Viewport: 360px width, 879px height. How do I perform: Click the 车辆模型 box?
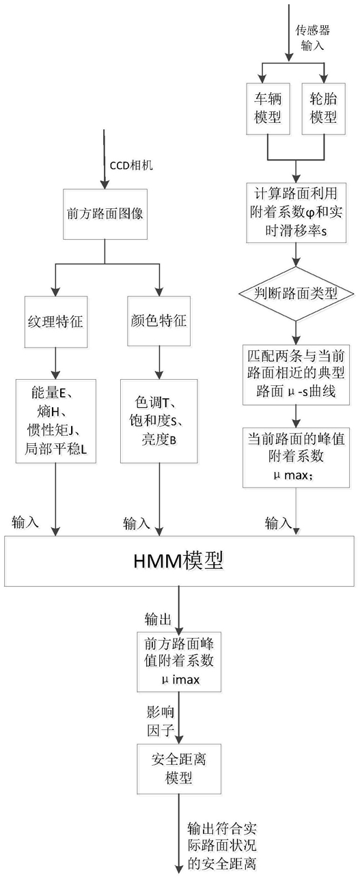tap(268, 109)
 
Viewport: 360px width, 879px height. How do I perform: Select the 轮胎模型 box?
tap(324, 109)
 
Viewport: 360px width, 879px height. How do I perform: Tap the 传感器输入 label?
tap(313, 38)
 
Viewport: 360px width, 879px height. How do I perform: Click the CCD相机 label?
tap(131, 165)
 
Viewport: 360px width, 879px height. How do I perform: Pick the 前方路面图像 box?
tap(105, 214)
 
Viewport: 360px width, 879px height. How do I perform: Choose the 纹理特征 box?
tap(56, 322)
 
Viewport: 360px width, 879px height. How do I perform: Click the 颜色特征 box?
tap(159, 320)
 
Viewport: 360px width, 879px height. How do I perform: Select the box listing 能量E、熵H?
tap(56, 421)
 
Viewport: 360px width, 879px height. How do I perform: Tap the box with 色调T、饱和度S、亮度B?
tap(159, 421)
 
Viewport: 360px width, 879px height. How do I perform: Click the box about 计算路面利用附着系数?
tap(296, 212)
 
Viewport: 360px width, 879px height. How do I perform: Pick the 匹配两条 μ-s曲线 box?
tap(296, 374)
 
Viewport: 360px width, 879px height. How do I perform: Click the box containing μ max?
tap(296, 457)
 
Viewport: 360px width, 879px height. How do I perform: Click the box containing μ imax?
tap(179, 661)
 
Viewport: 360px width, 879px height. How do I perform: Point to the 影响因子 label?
tap(160, 722)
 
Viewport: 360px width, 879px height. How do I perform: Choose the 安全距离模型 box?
tap(179, 769)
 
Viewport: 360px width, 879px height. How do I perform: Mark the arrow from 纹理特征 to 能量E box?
tap(56, 363)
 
